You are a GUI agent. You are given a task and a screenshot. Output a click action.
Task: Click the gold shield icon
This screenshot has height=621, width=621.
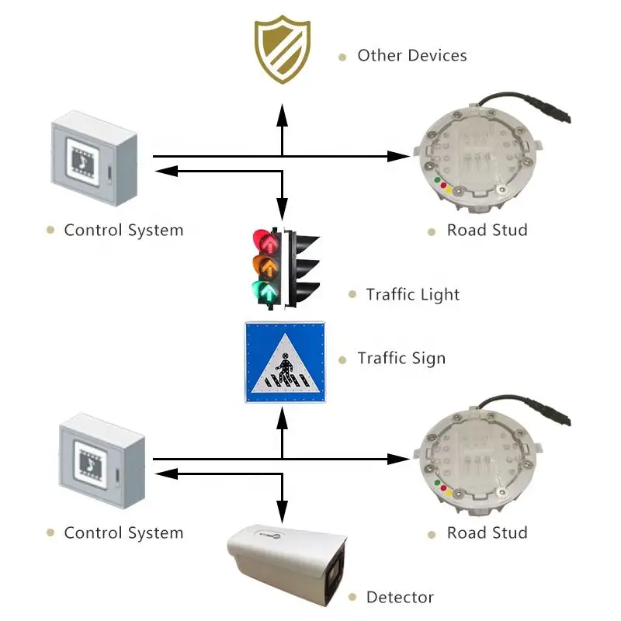(x=282, y=51)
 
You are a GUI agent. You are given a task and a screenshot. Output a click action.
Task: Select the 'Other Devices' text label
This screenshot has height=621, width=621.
(x=411, y=56)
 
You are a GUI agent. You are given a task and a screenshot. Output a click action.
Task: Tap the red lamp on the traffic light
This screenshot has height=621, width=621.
(x=265, y=241)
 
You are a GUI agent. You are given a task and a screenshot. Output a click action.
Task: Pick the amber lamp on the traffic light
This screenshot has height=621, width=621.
(x=266, y=267)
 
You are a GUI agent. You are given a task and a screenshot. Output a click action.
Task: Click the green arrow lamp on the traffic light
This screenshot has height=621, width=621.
(x=266, y=292)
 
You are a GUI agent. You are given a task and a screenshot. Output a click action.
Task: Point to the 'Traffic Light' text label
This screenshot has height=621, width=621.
(x=412, y=295)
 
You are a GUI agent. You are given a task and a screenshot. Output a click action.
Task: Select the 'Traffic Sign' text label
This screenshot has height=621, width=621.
(x=401, y=359)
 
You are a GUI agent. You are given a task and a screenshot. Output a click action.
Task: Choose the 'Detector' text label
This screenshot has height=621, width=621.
(x=399, y=598)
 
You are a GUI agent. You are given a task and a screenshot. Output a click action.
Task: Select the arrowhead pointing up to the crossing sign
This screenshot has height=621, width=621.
(x=282, y=419)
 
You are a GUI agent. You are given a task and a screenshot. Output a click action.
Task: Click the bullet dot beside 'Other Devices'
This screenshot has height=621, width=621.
(x=342, y=57)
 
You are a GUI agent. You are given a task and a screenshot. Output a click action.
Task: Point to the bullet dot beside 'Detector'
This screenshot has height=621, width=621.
(x=351, y=598)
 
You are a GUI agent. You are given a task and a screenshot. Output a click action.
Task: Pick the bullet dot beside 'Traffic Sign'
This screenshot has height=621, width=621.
(x=342, y=359)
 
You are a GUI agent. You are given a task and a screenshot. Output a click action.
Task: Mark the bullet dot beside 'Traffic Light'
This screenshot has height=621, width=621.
(x=351, y=295)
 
